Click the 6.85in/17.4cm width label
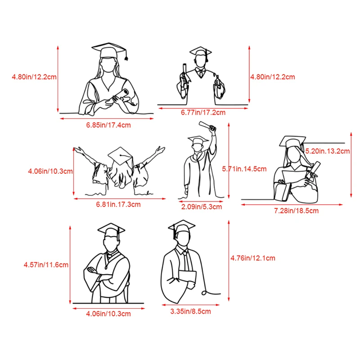(x=108, y=125)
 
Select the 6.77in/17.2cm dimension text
(x=203, y=112)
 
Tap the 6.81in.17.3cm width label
(x=118, y=204)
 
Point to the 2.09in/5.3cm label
(x=202, y=207)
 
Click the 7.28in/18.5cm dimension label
(x=297, y=211)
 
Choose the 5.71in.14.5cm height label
(x=244, y=169)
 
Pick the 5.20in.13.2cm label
(x=328, y=151)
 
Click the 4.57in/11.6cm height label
(x=46, y=265)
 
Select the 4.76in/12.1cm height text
(x=253, y=258)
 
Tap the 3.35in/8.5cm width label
(x=190, y=311)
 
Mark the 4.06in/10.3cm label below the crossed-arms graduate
(x=108, y=314)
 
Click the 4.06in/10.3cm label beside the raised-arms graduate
(x=50, y=171)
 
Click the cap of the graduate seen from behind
(x=120, y=156)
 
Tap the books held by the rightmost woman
(x=283, y=191)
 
